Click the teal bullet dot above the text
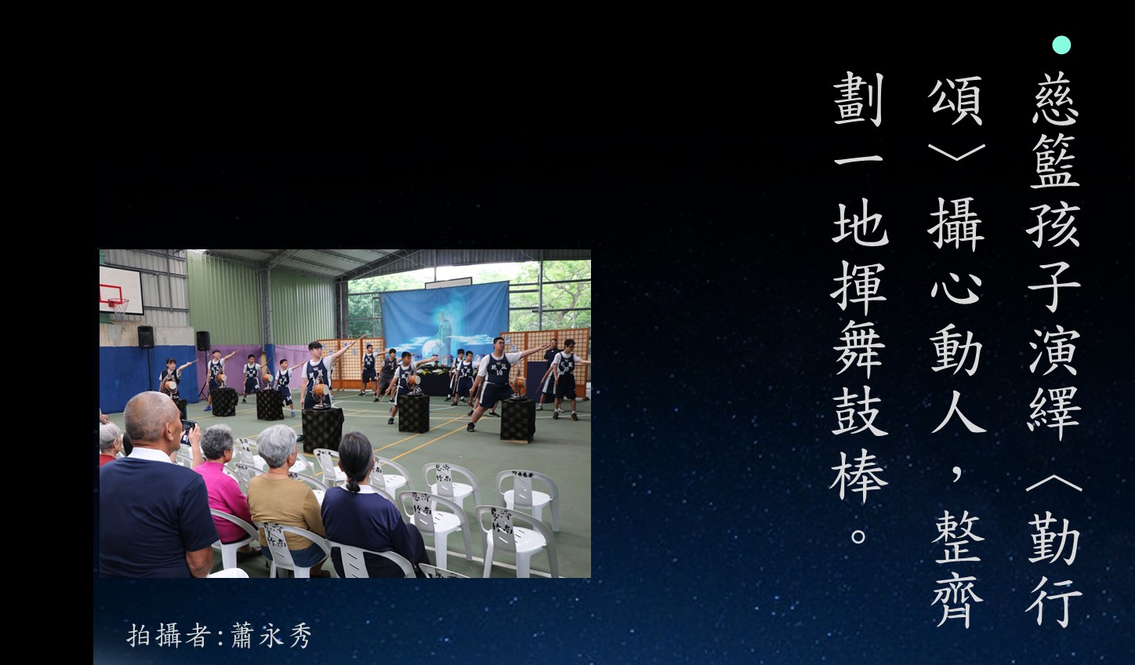1061,45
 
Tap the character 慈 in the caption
1055,100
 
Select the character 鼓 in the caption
860,412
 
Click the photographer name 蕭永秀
271,636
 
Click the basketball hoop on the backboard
118,304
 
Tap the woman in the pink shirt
222,485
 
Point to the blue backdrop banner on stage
444,318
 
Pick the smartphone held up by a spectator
187,431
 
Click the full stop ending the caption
858,536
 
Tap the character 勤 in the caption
1054,538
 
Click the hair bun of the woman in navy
354,487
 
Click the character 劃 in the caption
859,99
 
